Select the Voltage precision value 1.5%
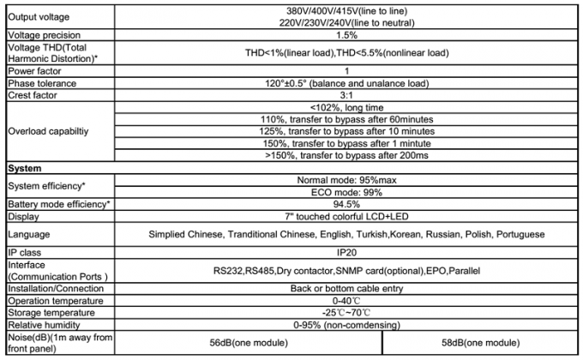click(346, 36)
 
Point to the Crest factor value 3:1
click(346, 96)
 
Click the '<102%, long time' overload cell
click(346, 108)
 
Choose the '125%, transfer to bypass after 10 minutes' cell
click(346, 132)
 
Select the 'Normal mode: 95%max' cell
click(346, 181)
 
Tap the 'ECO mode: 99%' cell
click(346, 193)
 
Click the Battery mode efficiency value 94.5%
click(346, 205)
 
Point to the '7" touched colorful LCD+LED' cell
click(346, 217)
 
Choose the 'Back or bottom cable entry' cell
click(346, 289)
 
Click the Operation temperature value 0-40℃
click(346, 301)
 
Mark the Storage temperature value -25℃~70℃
click(346, 314)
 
